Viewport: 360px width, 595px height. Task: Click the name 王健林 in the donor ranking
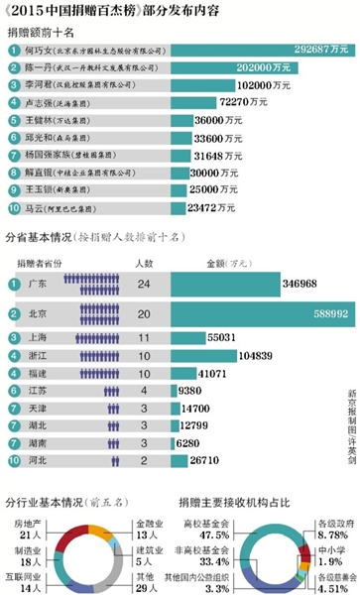pos(37,119)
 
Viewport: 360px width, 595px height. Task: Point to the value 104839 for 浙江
pos(254,354)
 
